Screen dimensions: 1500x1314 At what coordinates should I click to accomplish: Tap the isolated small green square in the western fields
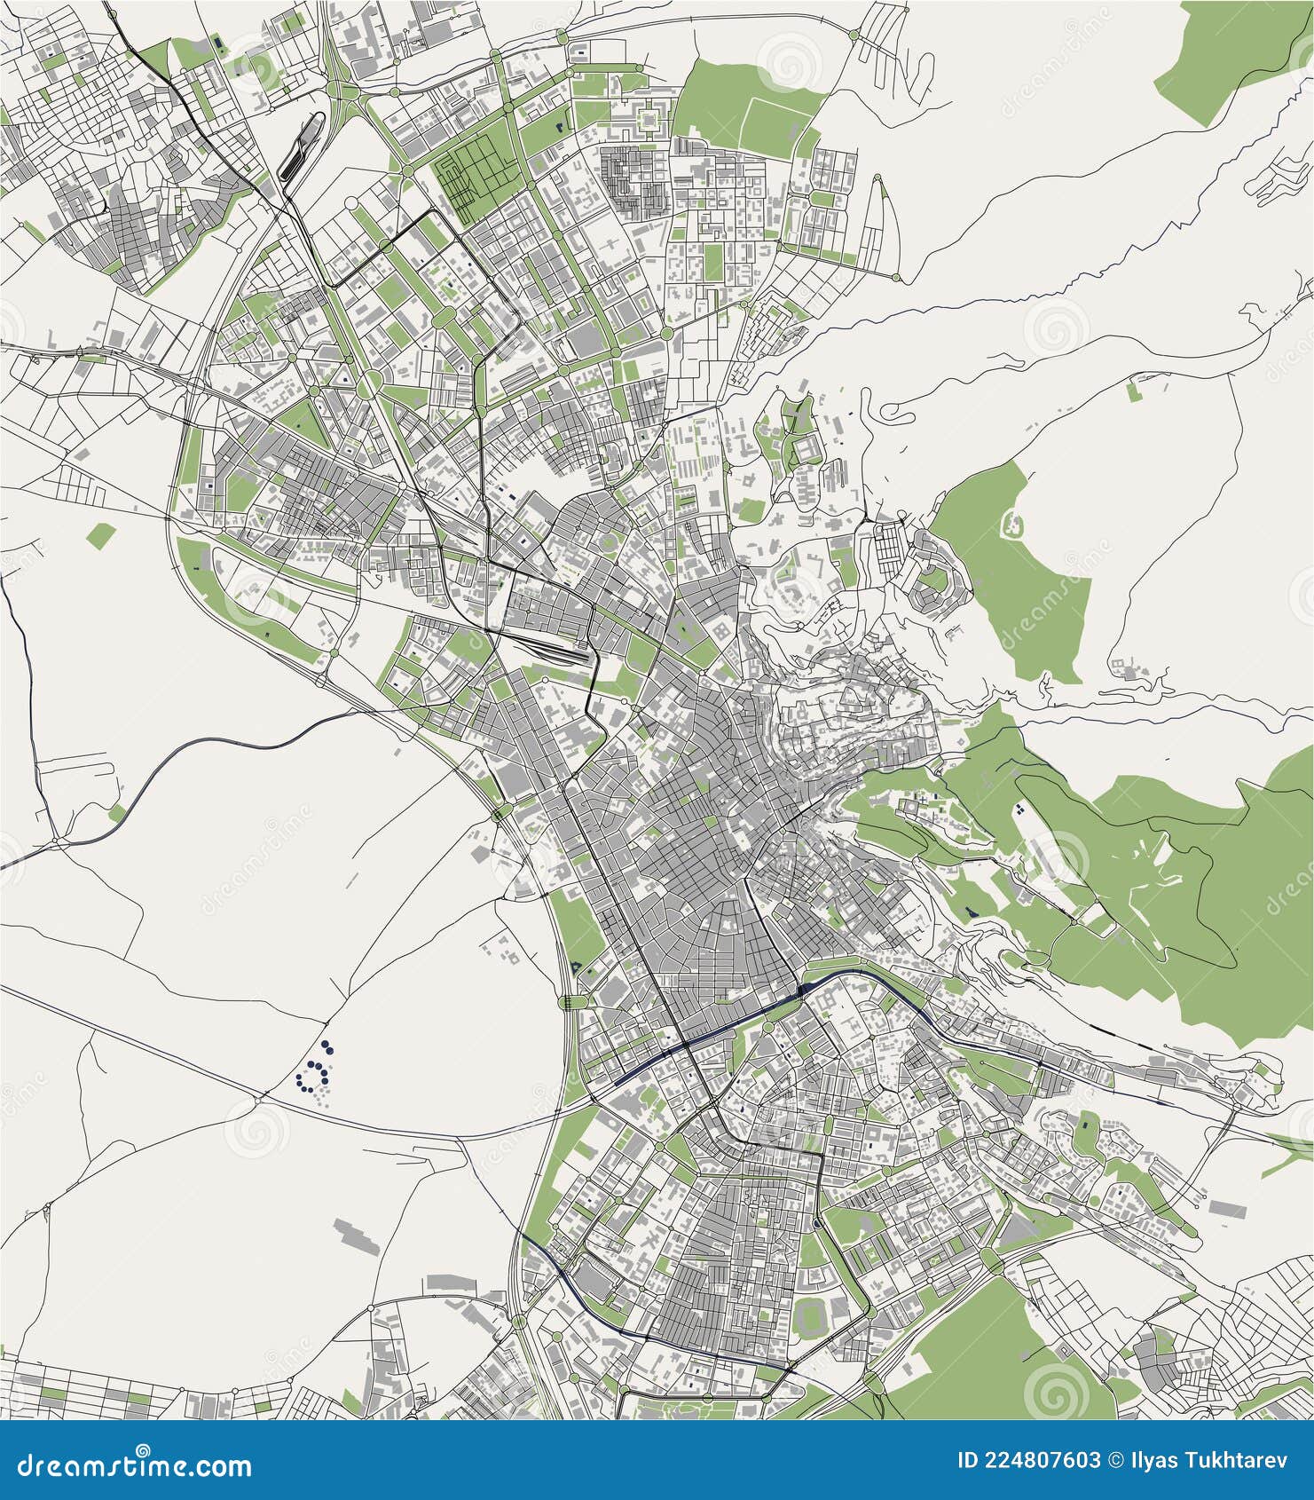click(x=102, y=534)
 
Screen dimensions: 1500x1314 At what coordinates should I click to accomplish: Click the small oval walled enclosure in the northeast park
click(x=1011, y=525)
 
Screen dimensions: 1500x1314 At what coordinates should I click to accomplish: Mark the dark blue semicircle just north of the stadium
click(x=815, y=1225)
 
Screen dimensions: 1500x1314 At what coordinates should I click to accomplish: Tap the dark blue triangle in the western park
click(x=578, y=966)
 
